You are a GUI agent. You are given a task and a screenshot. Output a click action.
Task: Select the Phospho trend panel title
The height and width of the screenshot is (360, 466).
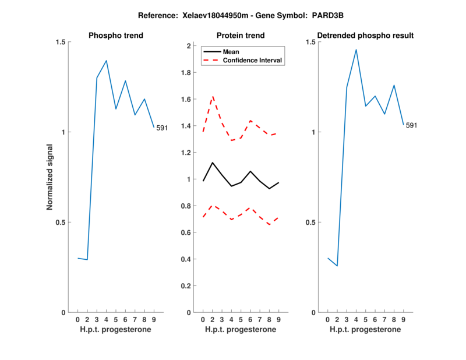click(x=116, y=36)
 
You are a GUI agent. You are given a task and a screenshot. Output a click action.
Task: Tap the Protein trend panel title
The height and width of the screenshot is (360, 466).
click(x=240, y=36)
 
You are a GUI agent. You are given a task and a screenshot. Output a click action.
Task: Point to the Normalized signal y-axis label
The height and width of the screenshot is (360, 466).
click(x=50, y=177)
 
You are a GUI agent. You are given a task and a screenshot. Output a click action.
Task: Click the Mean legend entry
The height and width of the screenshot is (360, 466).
click(x=231, y=52)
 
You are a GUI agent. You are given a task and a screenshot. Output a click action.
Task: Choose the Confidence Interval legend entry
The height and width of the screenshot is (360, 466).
click(x=253, y=60)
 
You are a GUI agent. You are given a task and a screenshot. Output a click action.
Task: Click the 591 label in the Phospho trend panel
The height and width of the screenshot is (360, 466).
click(x=162, y=128)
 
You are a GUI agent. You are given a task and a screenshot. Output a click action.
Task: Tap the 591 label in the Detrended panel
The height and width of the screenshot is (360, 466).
click(x=411, y=125)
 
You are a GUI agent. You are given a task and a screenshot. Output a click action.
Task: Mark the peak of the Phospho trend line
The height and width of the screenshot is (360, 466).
click(x=106, y=61)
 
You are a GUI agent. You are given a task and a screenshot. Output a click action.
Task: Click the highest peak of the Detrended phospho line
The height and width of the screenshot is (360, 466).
click(x=356, y=50)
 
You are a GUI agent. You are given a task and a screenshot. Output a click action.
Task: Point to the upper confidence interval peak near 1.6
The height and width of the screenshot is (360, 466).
click(x=213, y=97)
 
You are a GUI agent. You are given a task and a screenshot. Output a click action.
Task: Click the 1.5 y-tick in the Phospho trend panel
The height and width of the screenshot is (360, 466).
click(x=59, y=42)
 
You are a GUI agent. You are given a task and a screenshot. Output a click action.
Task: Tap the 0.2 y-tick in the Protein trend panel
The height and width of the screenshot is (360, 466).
click(x=187, y=286)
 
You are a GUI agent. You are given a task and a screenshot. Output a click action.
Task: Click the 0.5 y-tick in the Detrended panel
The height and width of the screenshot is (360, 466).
click(x=309, y=223)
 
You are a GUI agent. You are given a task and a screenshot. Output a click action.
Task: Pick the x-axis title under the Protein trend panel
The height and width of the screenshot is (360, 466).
click(x=240, y=330)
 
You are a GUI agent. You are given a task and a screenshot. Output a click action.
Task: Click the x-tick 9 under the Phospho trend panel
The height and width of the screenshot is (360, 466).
click(x=154, y=320)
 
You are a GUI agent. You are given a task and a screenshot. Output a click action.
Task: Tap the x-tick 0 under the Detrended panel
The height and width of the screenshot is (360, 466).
click(x=328, y=320)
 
